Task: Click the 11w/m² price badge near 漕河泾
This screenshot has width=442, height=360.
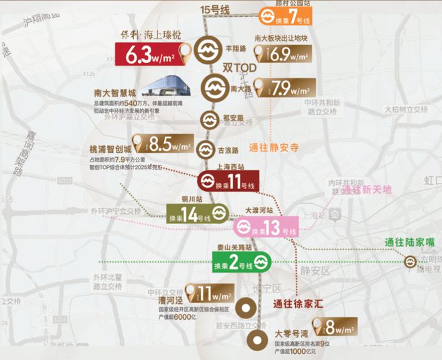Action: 209,293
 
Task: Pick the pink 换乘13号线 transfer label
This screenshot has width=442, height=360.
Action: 265,227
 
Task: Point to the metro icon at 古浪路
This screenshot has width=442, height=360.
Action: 206,149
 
